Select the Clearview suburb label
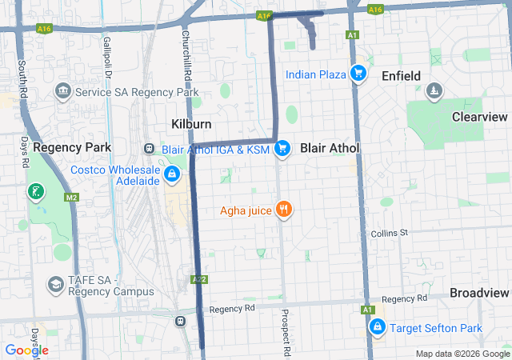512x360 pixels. (479, 117)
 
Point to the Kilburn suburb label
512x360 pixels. (191, 124)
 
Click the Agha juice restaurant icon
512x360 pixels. (283, 211)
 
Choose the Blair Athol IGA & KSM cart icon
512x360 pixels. (282, 149)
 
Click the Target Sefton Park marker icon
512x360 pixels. (376, 327)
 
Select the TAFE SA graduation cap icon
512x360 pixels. (55, 284)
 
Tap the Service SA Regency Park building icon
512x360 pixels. (62, 92)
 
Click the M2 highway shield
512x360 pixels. (72, 198)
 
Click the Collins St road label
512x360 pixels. (390, 233)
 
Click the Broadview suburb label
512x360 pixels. (479, 293)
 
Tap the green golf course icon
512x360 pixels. (35, 191)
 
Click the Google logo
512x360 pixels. (26, 350)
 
